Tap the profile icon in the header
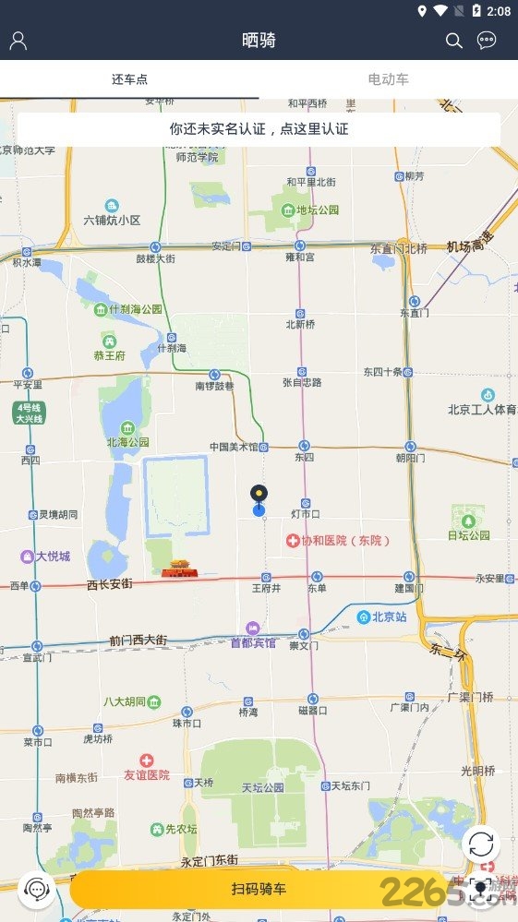[x=18, y=41]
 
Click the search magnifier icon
[x=453, y=41]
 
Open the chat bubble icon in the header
[x=487, y=41]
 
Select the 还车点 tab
[x=129, y=79]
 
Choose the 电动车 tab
[x=388, y=79]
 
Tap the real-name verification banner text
[x=259, y=129]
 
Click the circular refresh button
[x=481, y=844]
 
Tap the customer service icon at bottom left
[x=37, y=890]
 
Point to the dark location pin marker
[x=259, y=494]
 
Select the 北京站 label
[x=382, y=617]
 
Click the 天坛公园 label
[x=262, y=787]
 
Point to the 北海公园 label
[x=126, y=441]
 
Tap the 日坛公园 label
[x=468, y=534]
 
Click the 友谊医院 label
[x=147, y=775]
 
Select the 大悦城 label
[x=52, y=557]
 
